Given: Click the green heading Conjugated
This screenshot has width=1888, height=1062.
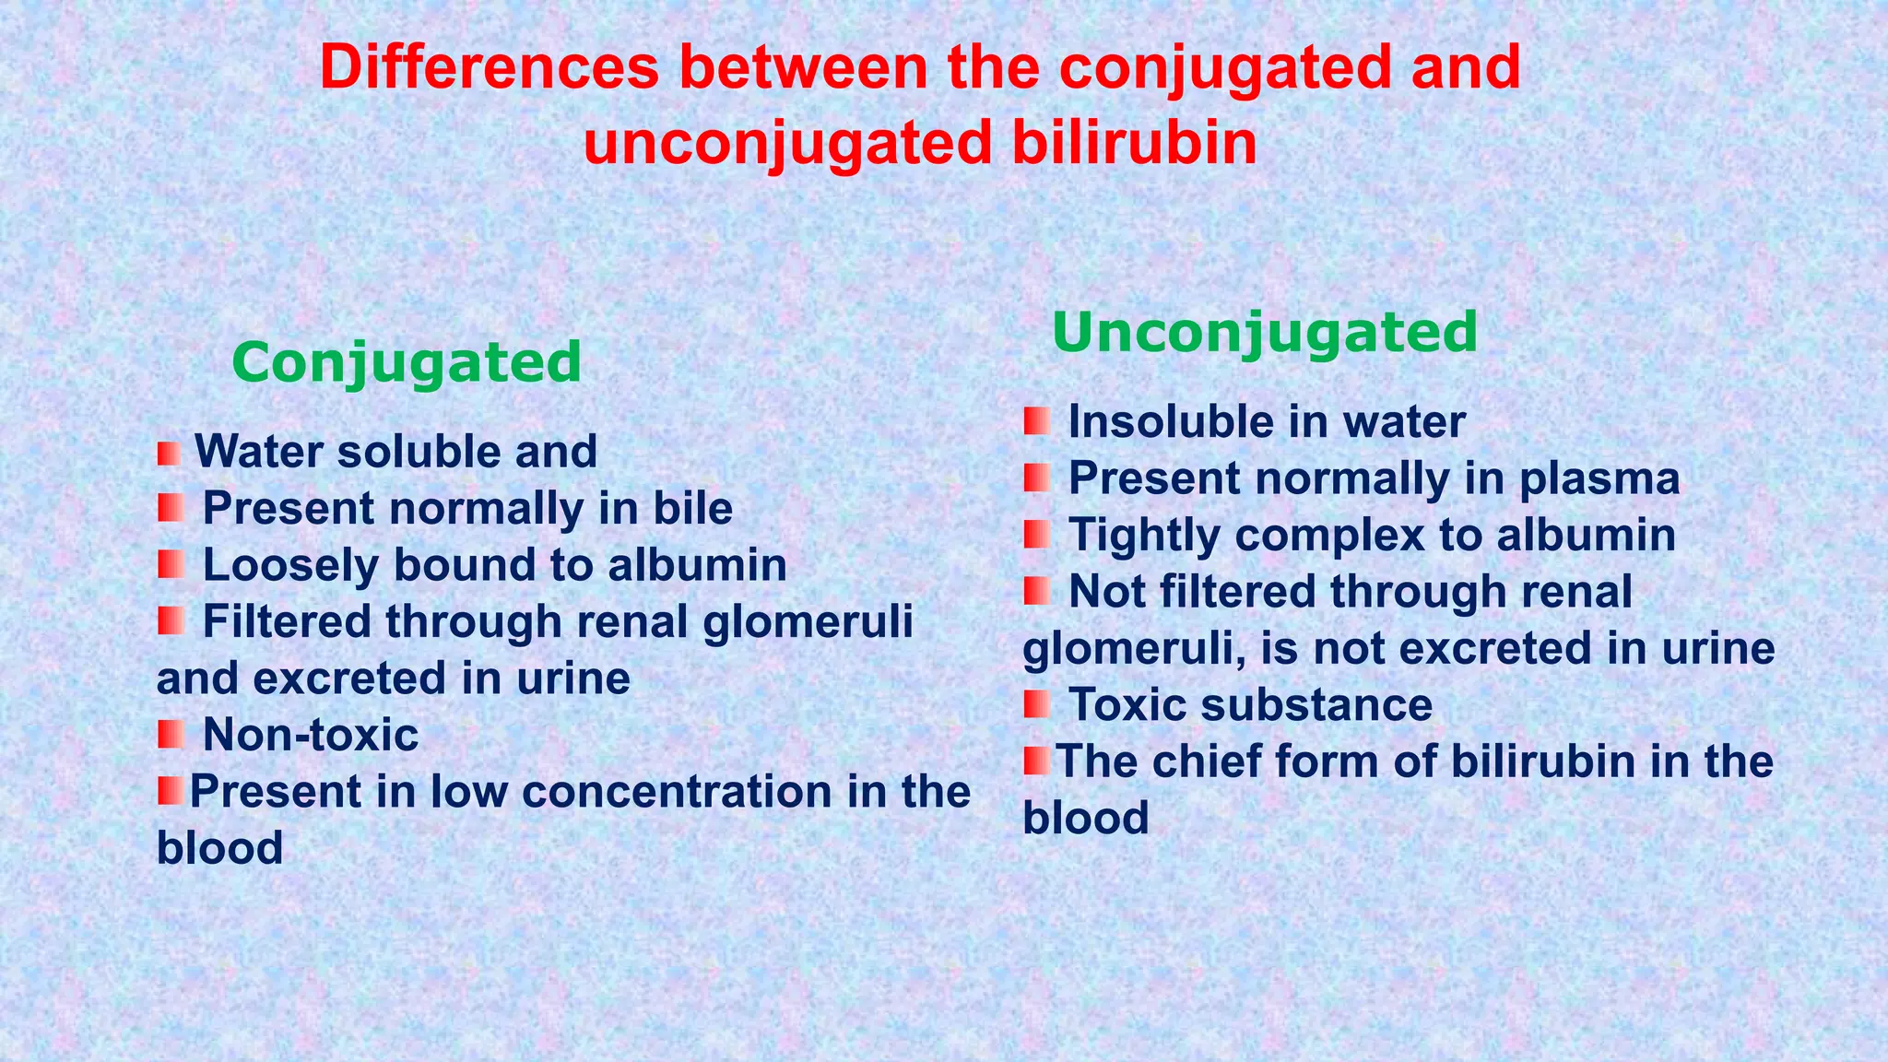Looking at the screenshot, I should tap(407, 363).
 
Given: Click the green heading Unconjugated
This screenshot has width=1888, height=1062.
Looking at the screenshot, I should tap(1264, 333).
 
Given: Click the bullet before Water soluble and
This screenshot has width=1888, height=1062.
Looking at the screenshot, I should tap(169, 454).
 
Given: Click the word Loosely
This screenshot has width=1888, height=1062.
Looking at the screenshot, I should tap(290, 566).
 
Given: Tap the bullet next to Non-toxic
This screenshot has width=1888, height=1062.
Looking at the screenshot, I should tap(171, 735).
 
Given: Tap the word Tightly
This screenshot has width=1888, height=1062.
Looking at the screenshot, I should tap(1143, 537).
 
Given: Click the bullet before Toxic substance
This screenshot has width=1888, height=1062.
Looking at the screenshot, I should tap(1036, 705).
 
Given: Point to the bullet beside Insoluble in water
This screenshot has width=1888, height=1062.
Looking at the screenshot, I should tap(1036, 422).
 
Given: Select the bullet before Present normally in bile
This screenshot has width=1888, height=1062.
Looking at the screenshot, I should tap(171, 508).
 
